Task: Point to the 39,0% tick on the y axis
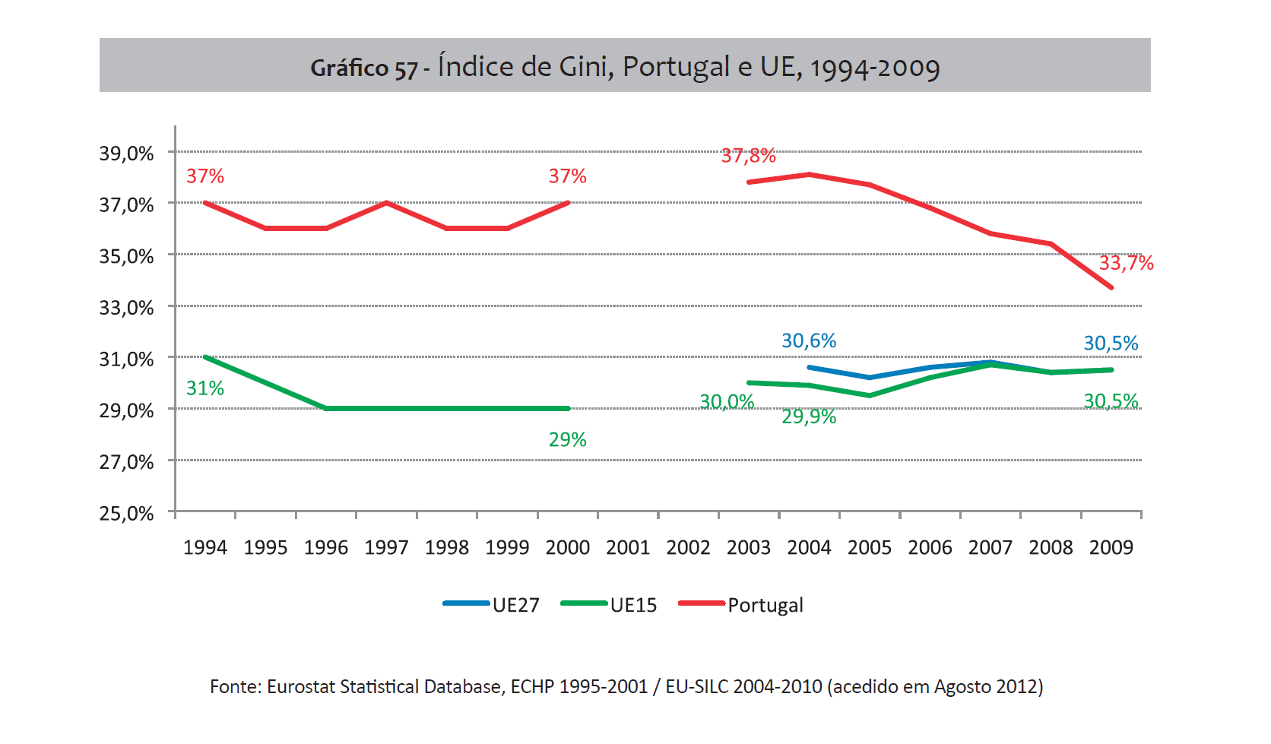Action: [x=126, y=154]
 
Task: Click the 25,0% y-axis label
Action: [x=126, y=514]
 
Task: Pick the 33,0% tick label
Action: [x=126, y=308]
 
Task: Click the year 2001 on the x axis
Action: [x=628, y=547]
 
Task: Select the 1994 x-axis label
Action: [x=205, y=547]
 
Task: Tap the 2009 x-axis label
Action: [x=1111, y=547]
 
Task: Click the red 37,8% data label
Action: [x=748, y=156]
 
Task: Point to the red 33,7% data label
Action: [x=1126, y=263]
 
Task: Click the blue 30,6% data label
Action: [x=809, y=340]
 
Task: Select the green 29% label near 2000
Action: [x=567, y=439]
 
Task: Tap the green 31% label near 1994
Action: [x=205, y=388]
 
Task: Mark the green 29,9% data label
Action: [x=809, y=416]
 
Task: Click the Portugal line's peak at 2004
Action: [x=809, y=175]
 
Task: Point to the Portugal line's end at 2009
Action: [x=1111, y=287]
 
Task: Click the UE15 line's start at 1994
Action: [x=205, y=356]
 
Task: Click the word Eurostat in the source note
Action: [x=301, y=687]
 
